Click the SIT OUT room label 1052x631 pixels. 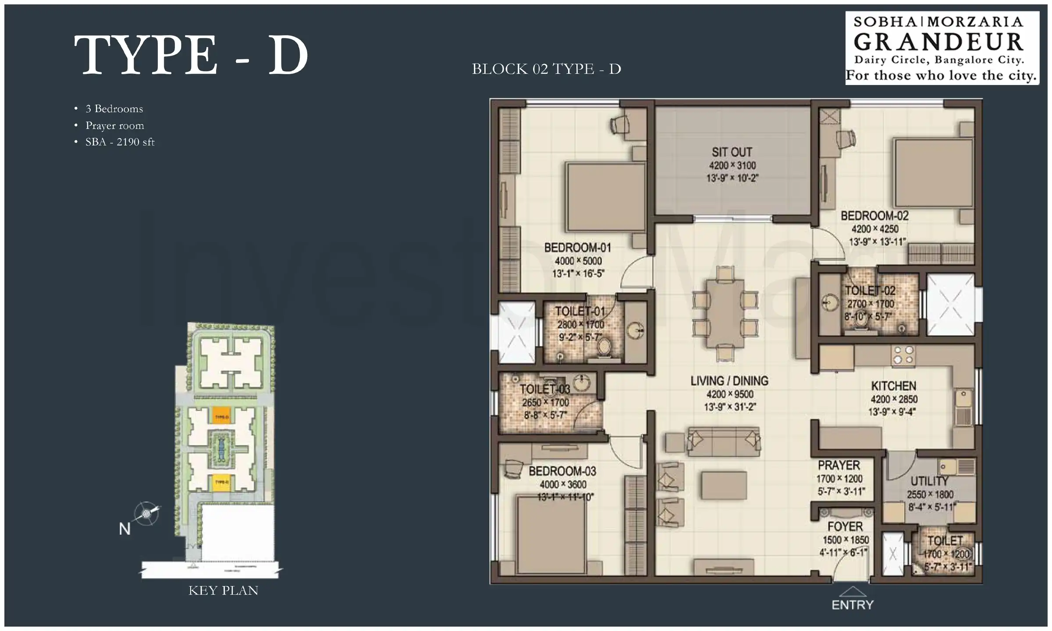[732, 152]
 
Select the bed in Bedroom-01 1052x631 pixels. [605, 197]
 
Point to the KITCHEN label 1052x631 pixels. [893, 386]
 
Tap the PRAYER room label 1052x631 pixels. [839, 465]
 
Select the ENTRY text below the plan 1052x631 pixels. [853, 605]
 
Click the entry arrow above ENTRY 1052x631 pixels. [853, 592]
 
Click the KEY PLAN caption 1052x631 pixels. [223, 591]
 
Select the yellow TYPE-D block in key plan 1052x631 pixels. [222, 482]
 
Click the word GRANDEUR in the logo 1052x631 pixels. [938, 42]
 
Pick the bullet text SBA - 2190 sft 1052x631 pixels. [120, 142]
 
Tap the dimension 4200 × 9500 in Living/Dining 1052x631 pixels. [730, 394]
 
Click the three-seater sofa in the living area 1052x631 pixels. [724, 440]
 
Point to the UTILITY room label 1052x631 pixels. [929, 481]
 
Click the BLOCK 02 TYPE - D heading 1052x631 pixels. [546, 69]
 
